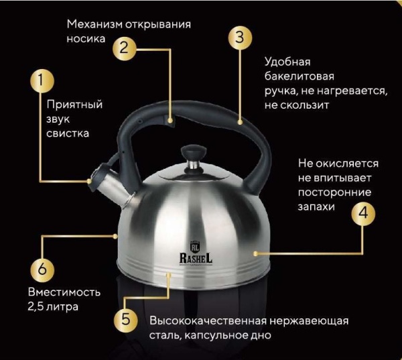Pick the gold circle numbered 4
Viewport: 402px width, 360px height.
pos(362,213)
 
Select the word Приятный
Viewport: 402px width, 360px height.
pos(74,105)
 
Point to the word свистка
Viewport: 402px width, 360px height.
pos(68,133)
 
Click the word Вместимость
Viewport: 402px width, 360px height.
pos(64,293)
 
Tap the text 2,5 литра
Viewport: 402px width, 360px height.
pos(53,308)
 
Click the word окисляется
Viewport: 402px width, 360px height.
pos(348,163)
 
